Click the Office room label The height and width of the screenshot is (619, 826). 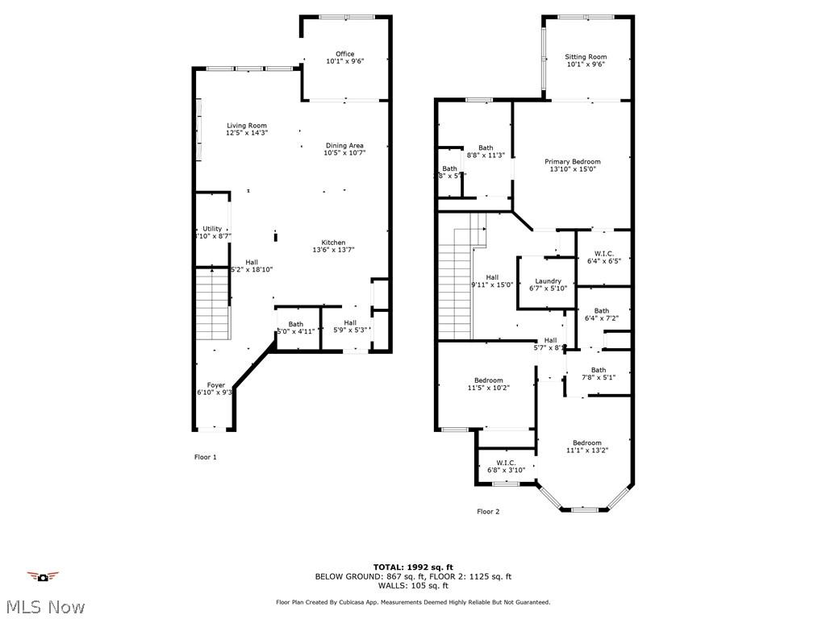tap(345, 54)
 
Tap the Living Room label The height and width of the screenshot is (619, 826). tap(246, 125)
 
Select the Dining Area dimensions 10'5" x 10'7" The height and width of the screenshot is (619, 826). tap(344, 153)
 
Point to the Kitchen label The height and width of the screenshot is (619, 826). tap(333, 243)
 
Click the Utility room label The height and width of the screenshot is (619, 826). tap(212, 229)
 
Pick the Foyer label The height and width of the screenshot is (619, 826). tap(215, 385)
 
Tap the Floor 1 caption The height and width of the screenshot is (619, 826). tap(206, 457)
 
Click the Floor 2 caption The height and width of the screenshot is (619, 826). tap(488, 511)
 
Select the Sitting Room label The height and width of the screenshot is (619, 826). tap(586, 57)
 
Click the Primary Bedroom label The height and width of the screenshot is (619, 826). tap(572, 162)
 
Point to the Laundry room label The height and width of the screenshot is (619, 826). tap(548, 281)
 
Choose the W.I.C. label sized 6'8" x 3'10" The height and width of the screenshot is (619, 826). tap(506, 463)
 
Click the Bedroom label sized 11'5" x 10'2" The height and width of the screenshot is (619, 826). tap(488, 380)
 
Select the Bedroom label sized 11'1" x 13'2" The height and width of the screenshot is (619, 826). tap(586, 442)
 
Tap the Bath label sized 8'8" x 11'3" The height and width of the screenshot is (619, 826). tap(486, 147)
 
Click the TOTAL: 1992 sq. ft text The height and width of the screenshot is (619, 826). tap(413, 567)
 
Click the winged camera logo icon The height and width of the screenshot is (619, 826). tap(43, 576)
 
